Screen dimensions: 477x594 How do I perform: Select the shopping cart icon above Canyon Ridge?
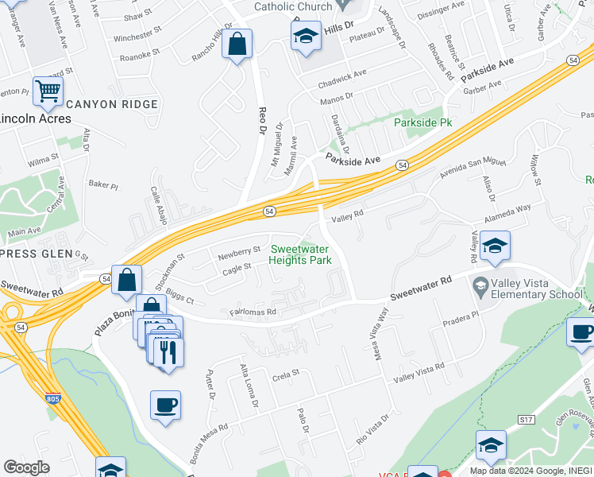click(48, 94)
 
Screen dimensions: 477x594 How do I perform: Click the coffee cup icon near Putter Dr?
click(165, 405)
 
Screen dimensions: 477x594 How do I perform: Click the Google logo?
click(26, 467)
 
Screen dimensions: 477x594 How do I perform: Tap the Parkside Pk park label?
click(423, 123)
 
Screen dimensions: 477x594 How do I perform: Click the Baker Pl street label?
click(103, 185)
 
